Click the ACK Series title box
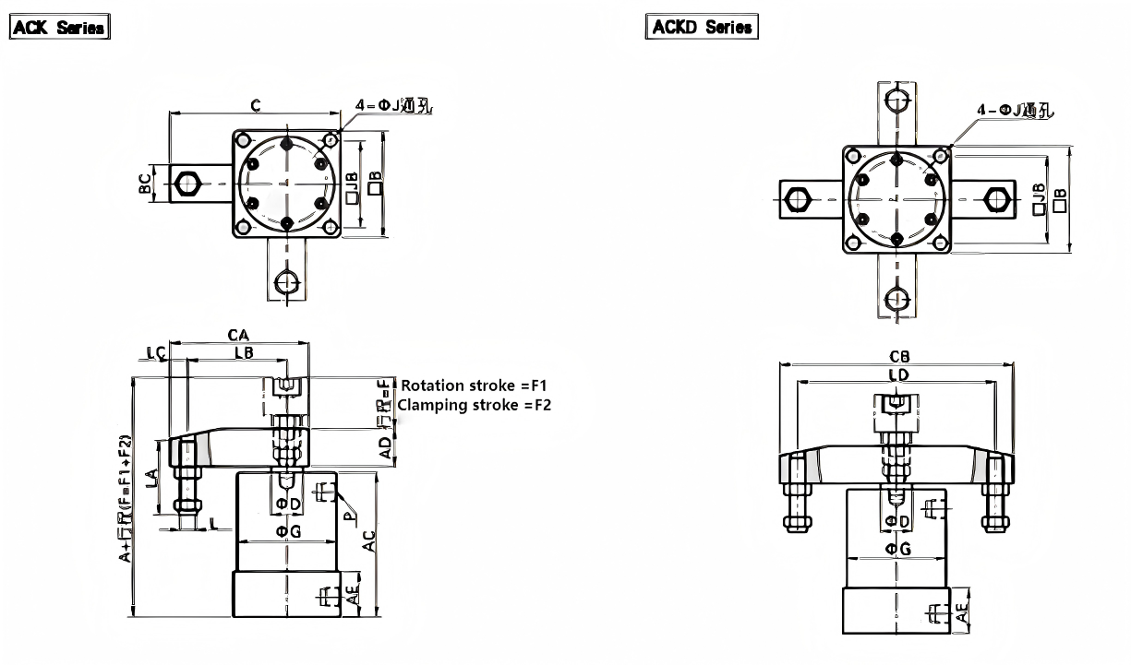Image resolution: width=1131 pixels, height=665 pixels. pos(60,28)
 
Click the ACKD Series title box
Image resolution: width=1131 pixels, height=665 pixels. pos(702,27)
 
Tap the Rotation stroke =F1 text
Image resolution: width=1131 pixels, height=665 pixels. pos(475,386)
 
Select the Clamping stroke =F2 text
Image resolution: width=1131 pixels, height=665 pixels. pos(475,405)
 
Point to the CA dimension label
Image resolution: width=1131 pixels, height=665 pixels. pos(238,334)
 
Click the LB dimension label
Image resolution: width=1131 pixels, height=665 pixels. pos(243,352)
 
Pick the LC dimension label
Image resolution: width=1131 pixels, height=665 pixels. pos(156,352)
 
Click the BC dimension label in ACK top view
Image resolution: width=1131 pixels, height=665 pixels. pos(145,183)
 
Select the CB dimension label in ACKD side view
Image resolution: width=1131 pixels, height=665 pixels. pos(898,356)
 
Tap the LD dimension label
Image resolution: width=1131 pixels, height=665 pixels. pos(897,374)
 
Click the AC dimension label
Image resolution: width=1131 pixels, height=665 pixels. pos(369,540)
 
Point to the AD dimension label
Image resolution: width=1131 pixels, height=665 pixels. pos(386,446)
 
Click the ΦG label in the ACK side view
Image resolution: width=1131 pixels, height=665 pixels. pos(289,531)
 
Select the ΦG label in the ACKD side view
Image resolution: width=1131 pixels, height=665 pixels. pos(898,549)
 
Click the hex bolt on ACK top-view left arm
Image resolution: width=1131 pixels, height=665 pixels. pos(187,183)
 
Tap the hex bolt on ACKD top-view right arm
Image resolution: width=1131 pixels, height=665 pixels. pos(994,198)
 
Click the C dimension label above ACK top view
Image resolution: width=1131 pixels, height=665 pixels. pos(255,106)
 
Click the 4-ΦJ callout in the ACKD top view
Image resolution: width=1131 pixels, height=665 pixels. pos(1015,112)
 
